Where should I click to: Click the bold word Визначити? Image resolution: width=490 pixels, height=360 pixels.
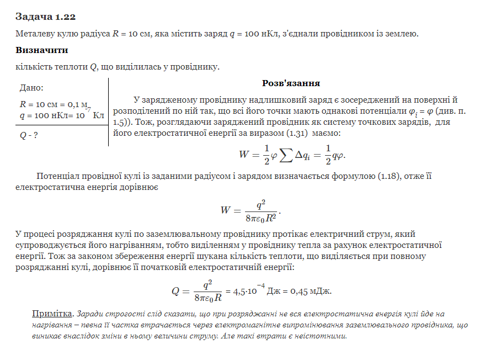click(x=41, y=50)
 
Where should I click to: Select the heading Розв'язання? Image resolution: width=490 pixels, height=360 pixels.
click(x=291, y=83)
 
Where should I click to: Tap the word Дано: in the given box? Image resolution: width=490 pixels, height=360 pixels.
click(x=31, y=88)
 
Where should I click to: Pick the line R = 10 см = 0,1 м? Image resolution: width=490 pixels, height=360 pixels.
click(x=54, y=104)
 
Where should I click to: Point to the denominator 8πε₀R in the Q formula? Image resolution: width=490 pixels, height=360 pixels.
click(x=207, y=297)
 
